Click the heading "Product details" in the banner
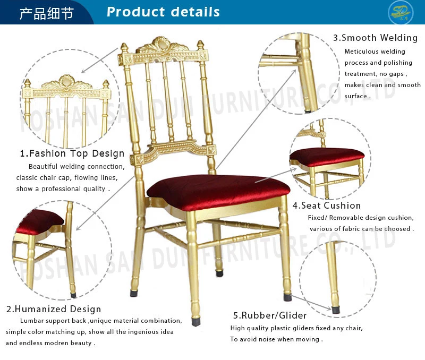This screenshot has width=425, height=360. point(163,12)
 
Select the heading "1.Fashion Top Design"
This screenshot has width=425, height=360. point(72,153)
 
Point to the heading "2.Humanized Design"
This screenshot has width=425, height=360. point(54,308)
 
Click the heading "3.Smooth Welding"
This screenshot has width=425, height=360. point(376,38)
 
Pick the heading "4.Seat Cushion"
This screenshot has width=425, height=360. point(327,205)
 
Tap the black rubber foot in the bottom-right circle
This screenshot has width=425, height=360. point(336,308)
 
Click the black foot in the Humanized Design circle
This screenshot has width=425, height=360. point(73,292)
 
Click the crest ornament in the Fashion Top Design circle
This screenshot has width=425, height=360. point(67,83)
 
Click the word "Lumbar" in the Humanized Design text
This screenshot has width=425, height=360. point(31,321)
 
